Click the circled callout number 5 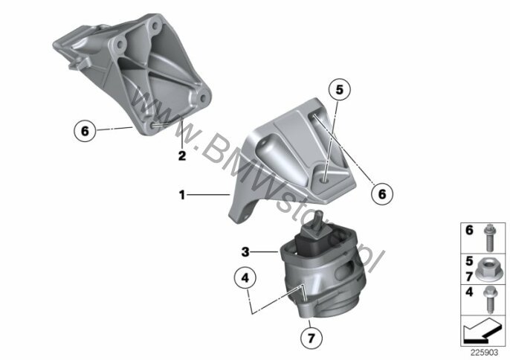coord(339,89)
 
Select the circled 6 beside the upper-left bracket coord(85,131)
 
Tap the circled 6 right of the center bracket coord(382,194)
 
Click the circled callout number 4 coord(245,277)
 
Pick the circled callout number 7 coord(312,338)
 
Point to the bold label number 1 coord(182,196)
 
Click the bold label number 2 coord(182,155)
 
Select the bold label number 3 coord(245,251)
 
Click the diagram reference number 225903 coord(484,353)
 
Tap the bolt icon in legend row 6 coord(489,238)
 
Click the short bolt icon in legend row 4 coord(489,300)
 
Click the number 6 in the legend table coord(469,230)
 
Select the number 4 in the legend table coord(469,292)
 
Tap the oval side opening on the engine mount coord(343,269)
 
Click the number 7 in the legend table coord(469,277)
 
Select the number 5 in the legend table coord(469,261)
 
